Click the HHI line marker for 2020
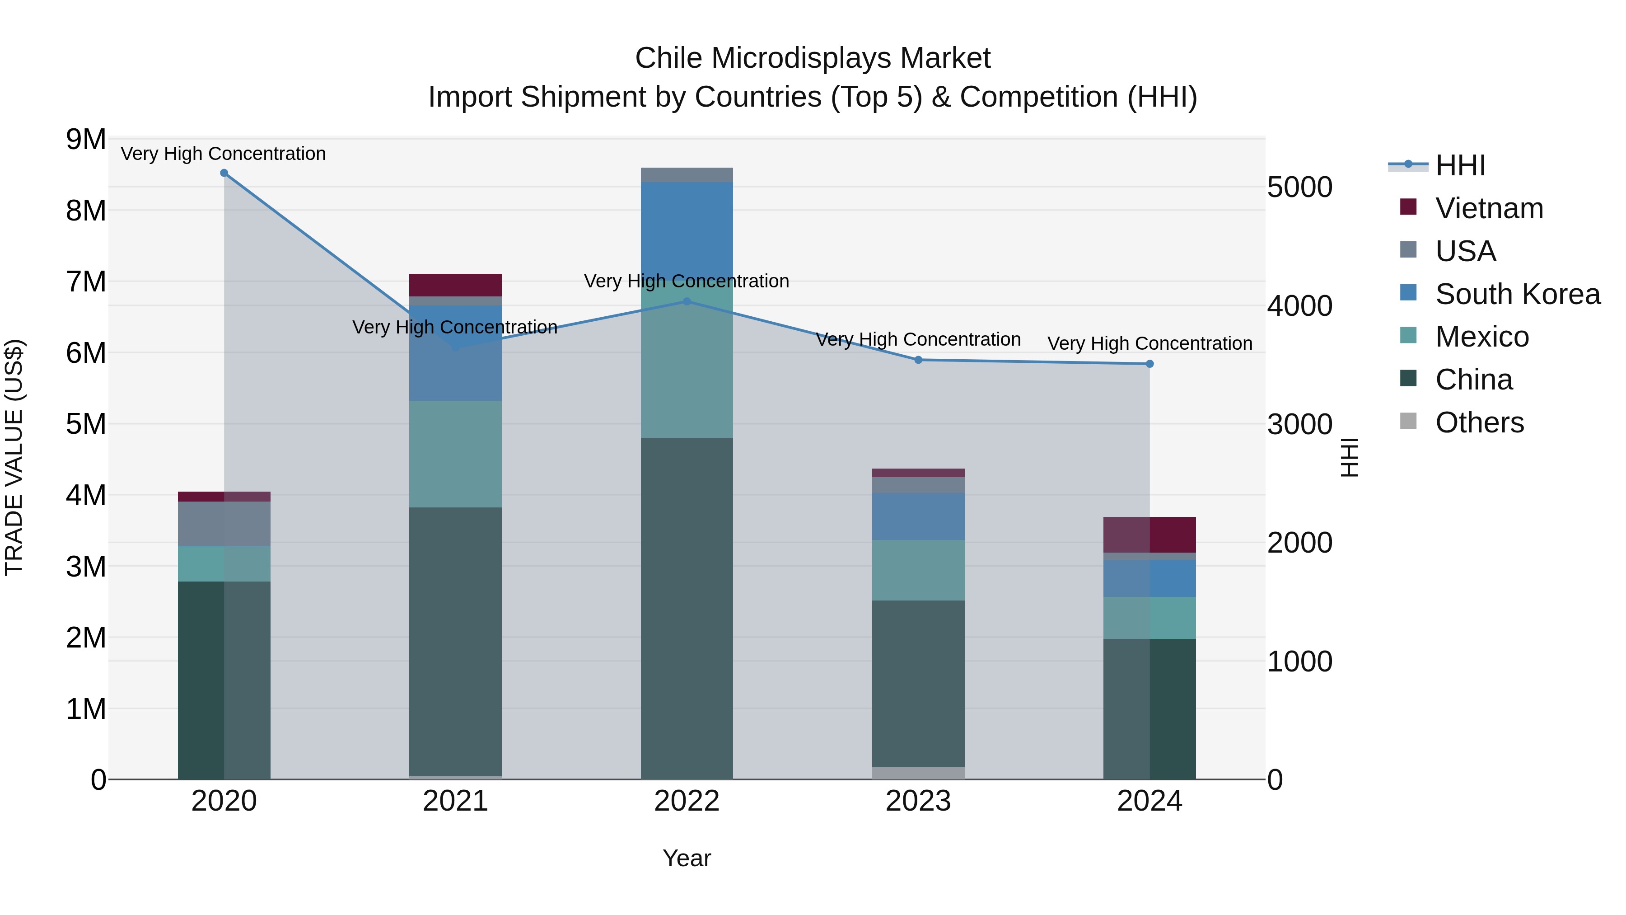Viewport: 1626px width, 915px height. point(224,173)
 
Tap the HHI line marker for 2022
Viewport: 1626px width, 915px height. point(687,301)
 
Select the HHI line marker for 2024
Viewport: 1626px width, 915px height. point(1149,364)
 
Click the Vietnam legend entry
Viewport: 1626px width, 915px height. point(1488,208)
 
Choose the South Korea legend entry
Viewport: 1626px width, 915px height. point(1517,294)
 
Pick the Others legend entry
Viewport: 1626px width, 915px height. point(1479,422)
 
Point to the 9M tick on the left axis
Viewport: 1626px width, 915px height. point(86,140)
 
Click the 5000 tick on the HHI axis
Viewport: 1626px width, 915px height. point(1299,188)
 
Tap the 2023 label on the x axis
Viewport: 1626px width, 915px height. point(918,801)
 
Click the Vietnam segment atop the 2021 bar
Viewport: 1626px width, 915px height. point(455,285)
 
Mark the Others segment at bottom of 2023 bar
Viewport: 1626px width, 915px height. point(918,773)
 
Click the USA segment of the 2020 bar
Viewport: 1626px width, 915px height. point(224,524)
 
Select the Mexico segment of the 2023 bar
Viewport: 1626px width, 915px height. point(918,570)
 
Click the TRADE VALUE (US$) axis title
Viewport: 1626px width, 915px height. point(14,457)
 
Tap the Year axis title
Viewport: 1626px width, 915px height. point(687,858)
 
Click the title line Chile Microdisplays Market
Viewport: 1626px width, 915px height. point(813,58)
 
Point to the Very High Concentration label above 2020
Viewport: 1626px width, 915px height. point(224,154)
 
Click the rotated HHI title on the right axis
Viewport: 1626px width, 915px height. point(1348,457)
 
